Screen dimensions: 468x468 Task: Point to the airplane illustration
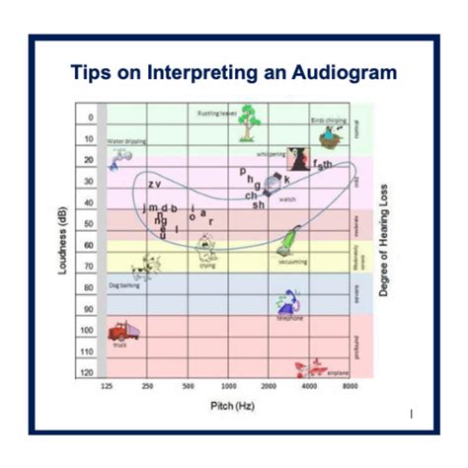coord(306,367)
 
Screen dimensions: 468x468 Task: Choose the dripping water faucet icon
coord(119,156)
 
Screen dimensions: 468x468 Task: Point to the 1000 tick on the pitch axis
coord(229,386)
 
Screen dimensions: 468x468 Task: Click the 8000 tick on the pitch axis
coord(350,386)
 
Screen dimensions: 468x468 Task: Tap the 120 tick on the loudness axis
coord(89,372)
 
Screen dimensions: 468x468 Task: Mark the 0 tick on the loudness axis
coord(91,117)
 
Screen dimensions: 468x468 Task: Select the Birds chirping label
coord(330,120)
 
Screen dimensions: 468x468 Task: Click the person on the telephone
coord(289,302)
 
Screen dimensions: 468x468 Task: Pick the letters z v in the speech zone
coord(154,185)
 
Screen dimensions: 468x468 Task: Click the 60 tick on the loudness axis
coord(90,245)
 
